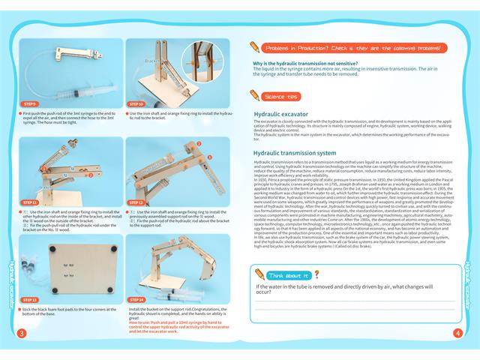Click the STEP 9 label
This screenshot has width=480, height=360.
[x=30, y=103]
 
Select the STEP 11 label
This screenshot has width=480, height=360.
[x=30, y=202]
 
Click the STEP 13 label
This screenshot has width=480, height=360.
[x=30, y=299]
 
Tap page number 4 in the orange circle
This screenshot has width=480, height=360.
[x=457, y=334]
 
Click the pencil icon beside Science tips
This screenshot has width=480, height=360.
[x=257, y=95]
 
